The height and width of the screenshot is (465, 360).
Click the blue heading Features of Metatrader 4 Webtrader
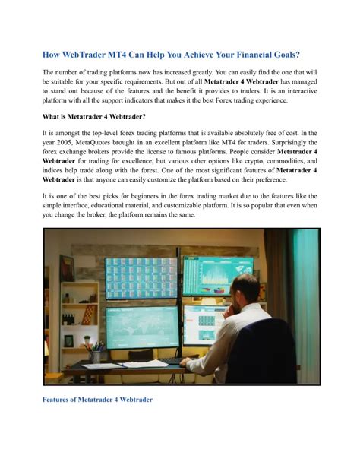click(x=98, y=399)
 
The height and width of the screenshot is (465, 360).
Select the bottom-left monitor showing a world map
click(x=141, y=326)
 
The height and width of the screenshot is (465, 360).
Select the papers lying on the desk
click(x=125, y=365)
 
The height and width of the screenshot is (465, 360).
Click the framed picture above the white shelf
click(x=67, y=267)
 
